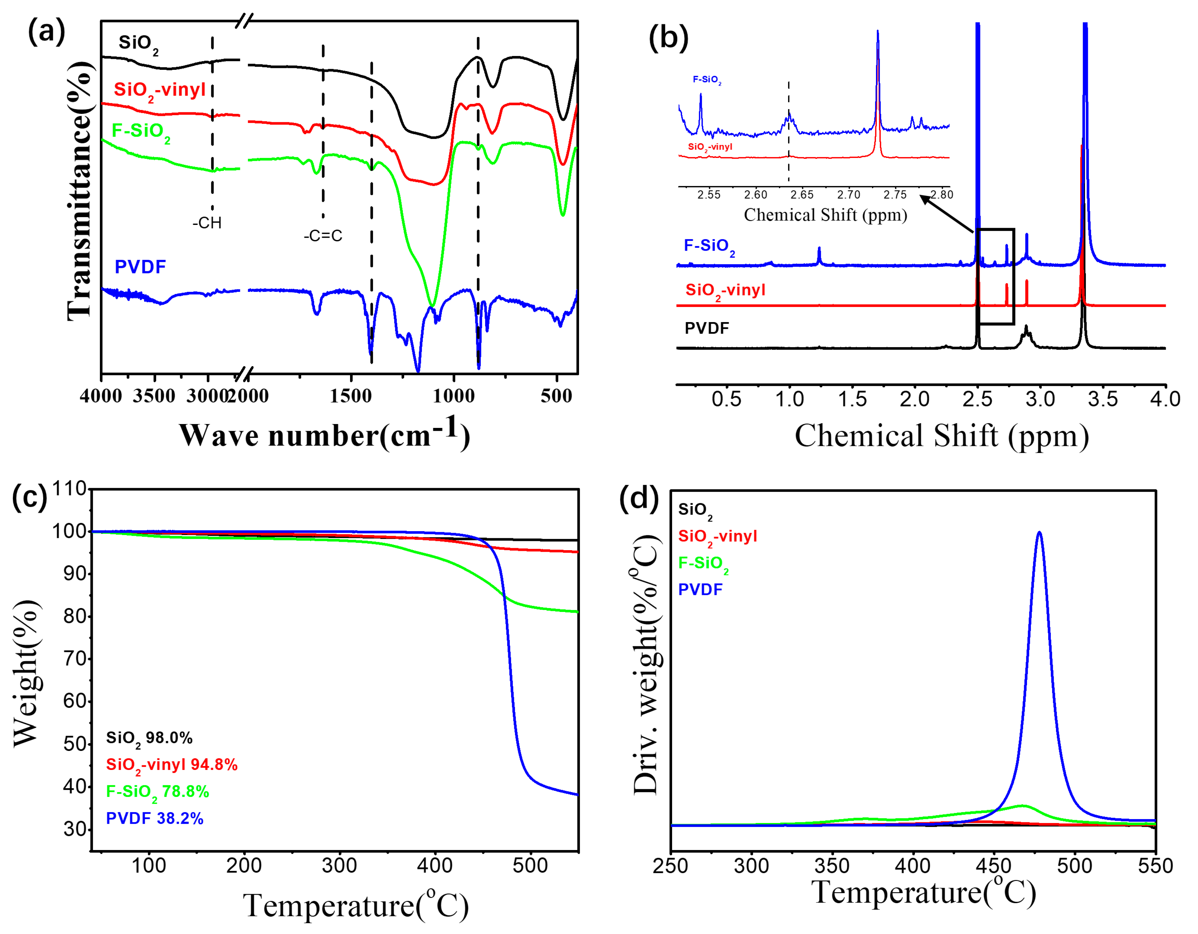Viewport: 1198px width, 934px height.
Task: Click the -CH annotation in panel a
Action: tap(207, 223)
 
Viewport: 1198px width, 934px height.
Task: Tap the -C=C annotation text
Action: tap(323, 236)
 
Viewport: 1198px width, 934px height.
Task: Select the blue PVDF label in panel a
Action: tap(140, 267)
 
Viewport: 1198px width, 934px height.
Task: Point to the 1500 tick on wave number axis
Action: tap(351, 396)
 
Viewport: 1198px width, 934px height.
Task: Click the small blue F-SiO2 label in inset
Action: tap(707, 80)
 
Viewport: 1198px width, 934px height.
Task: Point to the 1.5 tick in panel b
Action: tap(852, 399)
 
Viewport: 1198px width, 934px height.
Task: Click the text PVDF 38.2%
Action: tap(155, 818)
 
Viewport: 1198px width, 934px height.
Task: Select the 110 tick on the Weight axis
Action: tap(69, 488)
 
